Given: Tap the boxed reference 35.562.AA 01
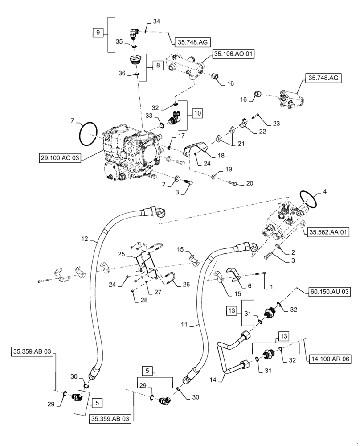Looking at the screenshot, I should click(x=327, y=232).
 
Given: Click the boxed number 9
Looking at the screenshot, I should click(x=97, y=32).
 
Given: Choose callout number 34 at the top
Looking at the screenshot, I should click(x=156, y=21).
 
